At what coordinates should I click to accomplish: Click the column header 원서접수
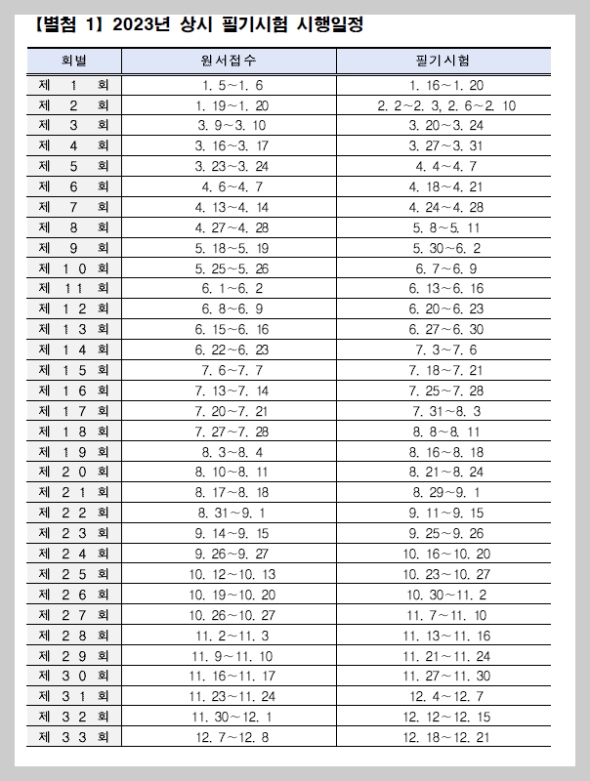(229, 61)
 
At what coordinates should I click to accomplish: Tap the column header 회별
(74, 61)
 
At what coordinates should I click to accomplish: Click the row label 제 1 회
(74, 85)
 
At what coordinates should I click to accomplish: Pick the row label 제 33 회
(74, 736)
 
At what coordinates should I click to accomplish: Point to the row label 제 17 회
(74, 410)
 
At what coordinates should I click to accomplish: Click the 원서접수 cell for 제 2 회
(231, 105)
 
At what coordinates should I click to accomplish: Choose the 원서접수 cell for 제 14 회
(231, 349)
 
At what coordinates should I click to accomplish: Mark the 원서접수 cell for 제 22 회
(231, 512)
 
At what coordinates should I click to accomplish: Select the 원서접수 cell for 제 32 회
(231, 716)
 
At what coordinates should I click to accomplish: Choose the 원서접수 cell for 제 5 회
(231, 166)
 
